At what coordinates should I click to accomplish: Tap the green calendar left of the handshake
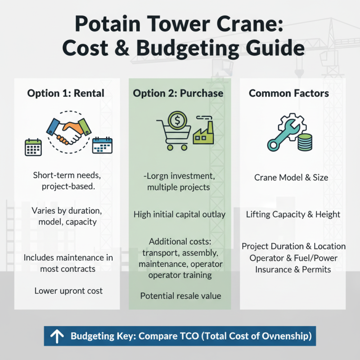(33, 147)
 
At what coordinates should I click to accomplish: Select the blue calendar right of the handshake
(102, 145)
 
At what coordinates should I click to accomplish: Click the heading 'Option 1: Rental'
(66, 94)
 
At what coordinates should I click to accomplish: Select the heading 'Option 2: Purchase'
(178, 94)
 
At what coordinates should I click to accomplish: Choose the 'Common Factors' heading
(289, 94)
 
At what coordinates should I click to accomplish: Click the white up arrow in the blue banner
(57, 336)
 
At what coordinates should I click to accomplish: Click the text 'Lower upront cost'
(68, 291)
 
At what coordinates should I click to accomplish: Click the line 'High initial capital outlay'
(180, 215)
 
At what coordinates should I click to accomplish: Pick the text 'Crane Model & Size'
(291, 177)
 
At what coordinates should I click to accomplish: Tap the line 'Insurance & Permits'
(293, 270)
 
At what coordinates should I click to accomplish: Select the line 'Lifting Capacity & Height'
(293, 215)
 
